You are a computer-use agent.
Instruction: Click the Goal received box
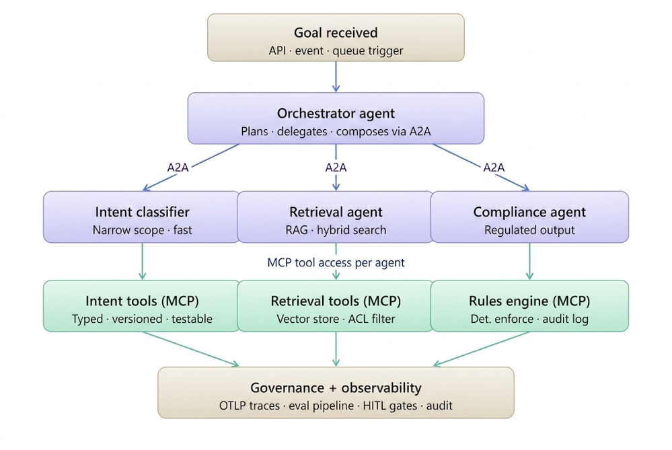click(x=336, y=38)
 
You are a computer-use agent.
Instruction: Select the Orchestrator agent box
click(x=336, y=118)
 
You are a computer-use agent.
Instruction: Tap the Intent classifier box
click(x=142, y=217)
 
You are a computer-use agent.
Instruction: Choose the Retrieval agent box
click(x=336, y=217)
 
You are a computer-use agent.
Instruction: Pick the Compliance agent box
click(x=529, y=217)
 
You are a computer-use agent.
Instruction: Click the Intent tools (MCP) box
click(x=142, y=306)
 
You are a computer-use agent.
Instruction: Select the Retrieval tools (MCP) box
click(x=336, y=306)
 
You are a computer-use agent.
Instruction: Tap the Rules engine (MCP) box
click(x=529, y=306)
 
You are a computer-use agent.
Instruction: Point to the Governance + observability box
click(x=336, y=393)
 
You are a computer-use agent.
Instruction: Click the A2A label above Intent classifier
click(x=178, y=167)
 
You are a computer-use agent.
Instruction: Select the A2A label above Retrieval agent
click(x=336, y=167)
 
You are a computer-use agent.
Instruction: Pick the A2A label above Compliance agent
click(x=494, y=167)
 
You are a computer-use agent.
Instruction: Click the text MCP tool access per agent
click(x=336, y=262)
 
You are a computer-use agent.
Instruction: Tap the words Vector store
click(x=303, y=319)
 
